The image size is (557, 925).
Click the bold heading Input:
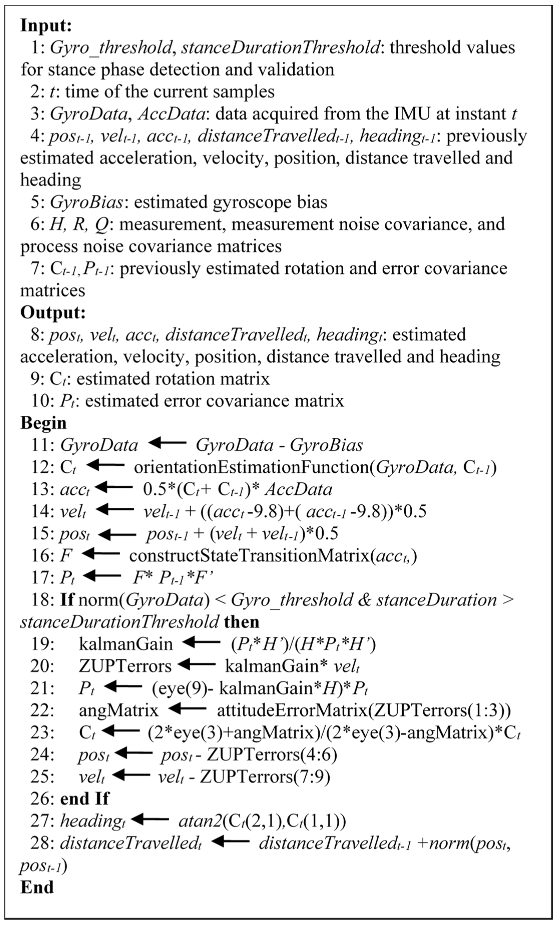pyautogui.click(x=46, y=25)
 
